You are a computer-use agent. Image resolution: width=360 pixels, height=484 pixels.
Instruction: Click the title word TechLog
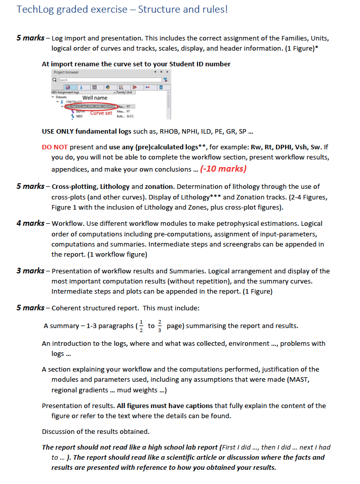coord(35,10)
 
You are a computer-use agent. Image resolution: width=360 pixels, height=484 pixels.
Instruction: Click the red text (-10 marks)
coord(223,169)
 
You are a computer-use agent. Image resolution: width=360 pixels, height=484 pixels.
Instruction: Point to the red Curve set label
coord(101,113)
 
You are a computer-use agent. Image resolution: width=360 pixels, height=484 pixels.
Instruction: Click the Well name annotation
coord(95,98)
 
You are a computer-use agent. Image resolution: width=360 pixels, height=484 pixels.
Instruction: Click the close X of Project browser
coord(165,72)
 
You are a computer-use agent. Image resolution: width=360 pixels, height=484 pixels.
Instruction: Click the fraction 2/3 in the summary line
coord(161,326)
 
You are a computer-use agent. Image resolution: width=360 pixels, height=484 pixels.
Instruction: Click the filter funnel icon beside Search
coord(165,80)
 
